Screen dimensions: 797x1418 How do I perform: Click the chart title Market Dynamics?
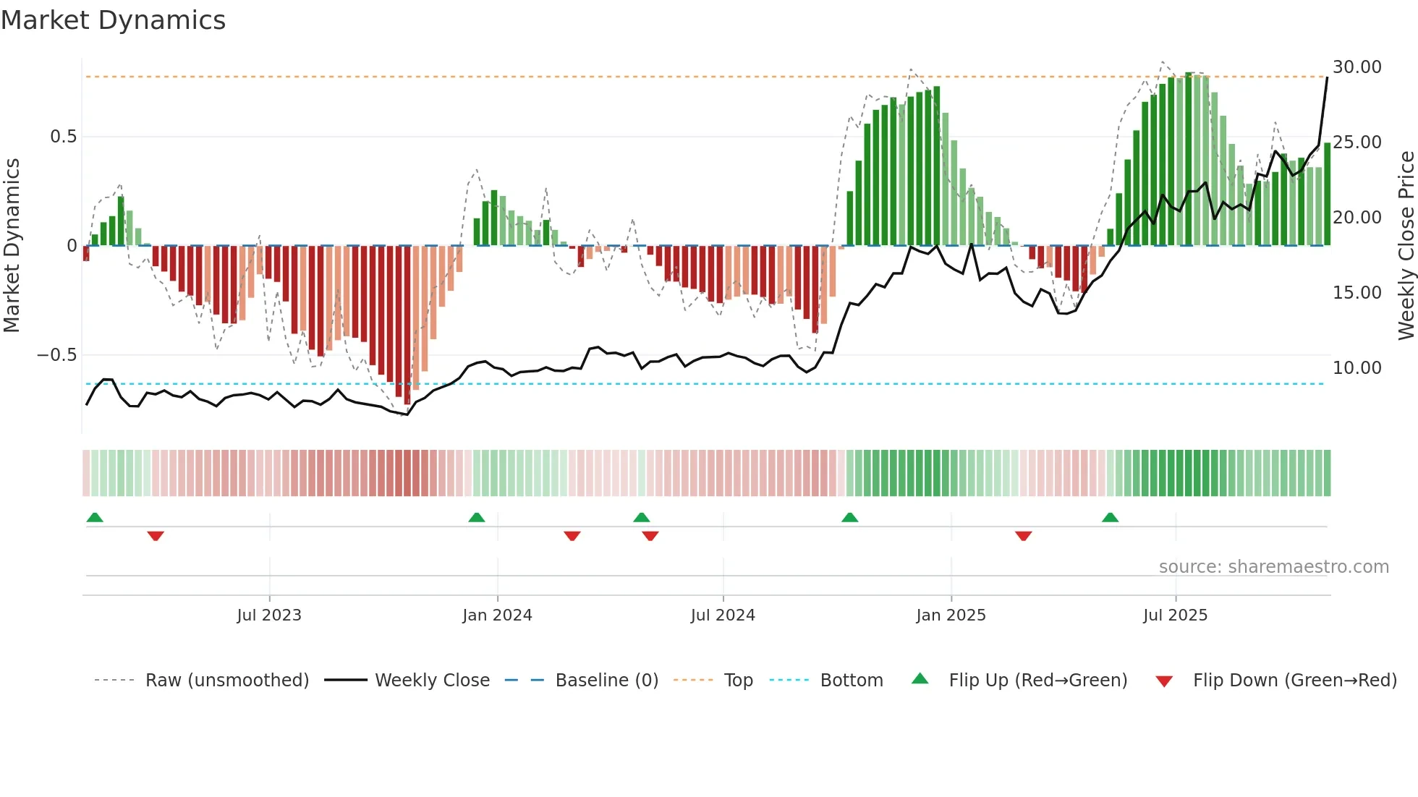[113, 20]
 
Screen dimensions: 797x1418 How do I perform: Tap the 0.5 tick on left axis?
[63, 137]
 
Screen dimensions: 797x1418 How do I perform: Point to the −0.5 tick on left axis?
[56, 355]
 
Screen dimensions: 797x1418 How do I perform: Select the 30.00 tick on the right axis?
[1357, 67]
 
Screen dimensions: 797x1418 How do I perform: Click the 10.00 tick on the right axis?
[1357, 368]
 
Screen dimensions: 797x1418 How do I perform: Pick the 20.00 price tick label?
[1357, 218]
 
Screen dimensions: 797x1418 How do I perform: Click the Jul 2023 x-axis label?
[269, 615]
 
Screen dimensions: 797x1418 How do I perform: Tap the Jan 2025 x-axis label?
[951, 615]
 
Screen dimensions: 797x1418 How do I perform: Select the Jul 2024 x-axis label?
[723, 615]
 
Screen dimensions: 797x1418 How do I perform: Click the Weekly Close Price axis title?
[1406, 245]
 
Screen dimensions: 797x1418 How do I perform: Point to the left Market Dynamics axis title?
[12, 245]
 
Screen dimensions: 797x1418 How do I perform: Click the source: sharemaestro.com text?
[1273, 567]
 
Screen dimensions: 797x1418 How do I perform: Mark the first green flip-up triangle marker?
[95, 518]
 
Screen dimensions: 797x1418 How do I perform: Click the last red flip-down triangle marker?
[1023, 536]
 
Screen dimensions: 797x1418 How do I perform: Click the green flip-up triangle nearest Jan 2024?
[476, 518]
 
